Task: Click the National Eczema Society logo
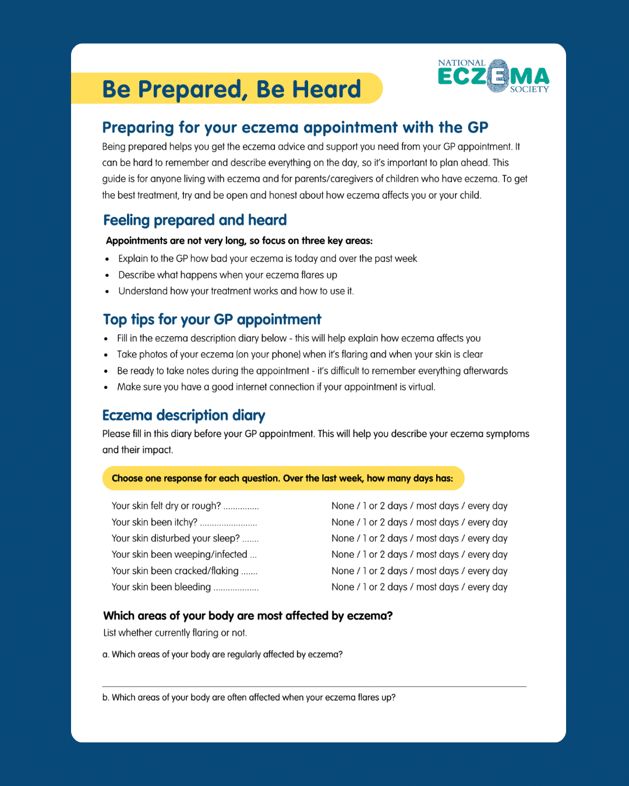point(493,76)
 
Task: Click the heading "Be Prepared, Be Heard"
point(231,89)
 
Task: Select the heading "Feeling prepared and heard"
point(195,220)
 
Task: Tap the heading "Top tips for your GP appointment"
point(212,320)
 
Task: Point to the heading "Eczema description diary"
point(183,415)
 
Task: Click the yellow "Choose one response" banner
point(282,479)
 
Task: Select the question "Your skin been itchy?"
point(154,522)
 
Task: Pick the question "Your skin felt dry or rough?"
point(166,506)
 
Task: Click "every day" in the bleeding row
point(487,587)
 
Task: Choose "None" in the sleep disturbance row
point(342,539)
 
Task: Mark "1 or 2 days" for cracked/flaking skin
point(385,571)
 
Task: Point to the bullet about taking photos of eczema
point(299,355)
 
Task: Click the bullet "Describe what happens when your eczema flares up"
point(228,275)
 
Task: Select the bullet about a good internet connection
point(276,387)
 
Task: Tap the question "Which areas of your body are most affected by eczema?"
point(248,616)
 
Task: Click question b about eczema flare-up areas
point(249,698)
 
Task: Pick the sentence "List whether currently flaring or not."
point(175,633)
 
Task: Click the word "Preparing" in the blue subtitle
point(138,128)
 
